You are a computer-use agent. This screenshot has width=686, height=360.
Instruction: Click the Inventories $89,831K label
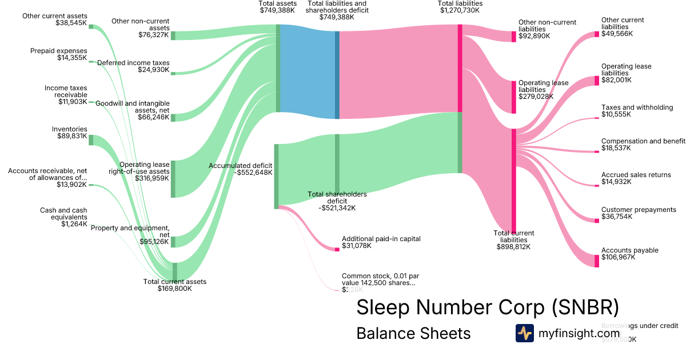tap(69, 133)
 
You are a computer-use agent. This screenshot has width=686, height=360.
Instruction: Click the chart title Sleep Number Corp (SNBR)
tap(487, 307)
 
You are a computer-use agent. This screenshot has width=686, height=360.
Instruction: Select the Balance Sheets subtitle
tap(413, 333)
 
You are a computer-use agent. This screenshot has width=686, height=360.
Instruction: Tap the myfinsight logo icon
tap(524, 333)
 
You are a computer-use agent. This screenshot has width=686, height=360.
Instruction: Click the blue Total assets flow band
tap(308, 71)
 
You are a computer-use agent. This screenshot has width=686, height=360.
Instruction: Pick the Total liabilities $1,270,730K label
tap(461, 7)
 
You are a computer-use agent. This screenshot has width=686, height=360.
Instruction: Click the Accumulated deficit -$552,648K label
tap(241, 169)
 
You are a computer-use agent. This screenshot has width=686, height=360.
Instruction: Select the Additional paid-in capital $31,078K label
tap(381, 242)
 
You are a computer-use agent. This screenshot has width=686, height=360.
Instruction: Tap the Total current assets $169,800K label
tap(174, 285)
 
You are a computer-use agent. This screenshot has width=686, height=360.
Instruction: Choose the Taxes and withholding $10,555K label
tap(637, 111)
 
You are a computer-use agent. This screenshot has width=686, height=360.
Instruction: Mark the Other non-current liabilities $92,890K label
tap(547, 29)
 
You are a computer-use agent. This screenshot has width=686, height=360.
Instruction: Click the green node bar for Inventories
tap(91, 140)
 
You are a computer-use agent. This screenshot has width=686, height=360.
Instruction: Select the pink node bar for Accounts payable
tap(596, 258)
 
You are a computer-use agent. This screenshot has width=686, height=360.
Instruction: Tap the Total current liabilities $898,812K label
tap(513, 240)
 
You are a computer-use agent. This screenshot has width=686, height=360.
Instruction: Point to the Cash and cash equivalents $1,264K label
tap(63, 217)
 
